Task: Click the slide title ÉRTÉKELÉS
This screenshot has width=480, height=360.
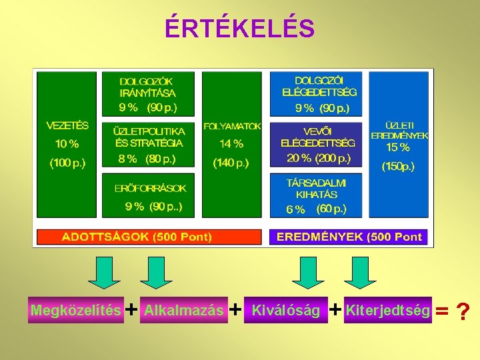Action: [x=239, y=29]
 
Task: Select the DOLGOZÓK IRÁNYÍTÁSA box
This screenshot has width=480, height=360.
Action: [x=148, y=93]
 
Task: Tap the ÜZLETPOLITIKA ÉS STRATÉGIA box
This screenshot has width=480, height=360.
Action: [x=148, y=144]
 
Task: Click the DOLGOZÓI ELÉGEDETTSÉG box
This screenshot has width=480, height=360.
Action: [x=315, y=93]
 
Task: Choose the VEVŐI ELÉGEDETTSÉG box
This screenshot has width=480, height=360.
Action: [x=315, y=144]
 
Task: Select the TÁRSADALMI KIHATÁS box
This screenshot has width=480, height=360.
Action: [x=315, y=195]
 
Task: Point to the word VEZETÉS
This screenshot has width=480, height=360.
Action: [x=67, y=125]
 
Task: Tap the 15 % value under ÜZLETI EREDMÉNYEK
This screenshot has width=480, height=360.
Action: [x=398, y=148]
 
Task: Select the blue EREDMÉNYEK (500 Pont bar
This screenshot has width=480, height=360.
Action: [x=349, y=237]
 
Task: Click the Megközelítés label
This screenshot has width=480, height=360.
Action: [x=76, y=310]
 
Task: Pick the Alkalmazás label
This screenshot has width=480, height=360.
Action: [x=184, y=310]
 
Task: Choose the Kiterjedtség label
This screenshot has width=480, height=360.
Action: [x=388, y=310]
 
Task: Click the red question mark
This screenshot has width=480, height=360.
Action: [x=463, y=311]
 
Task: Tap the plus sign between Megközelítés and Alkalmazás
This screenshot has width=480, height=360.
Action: [x=132, y=309]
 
